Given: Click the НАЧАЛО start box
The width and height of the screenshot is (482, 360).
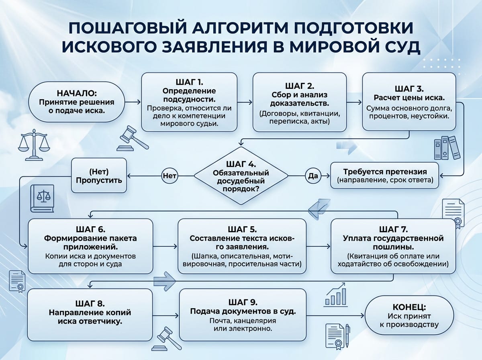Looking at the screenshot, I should pos(76,102).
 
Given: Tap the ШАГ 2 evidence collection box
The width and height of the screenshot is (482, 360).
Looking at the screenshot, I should pos(299,103).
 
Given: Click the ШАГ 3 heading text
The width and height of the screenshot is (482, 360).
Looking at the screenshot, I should pos(409,88).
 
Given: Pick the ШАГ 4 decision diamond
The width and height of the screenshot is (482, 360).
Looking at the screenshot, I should pos(241,176).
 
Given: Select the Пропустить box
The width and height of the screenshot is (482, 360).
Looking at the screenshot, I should pos(99,176).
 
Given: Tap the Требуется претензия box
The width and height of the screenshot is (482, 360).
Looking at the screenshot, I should pos(385,176).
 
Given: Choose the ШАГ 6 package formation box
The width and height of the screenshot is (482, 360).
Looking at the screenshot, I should pos(90,246).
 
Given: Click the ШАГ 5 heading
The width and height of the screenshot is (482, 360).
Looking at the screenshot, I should pos(241,229).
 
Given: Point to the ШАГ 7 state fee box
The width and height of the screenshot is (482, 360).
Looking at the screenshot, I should pos(393,246).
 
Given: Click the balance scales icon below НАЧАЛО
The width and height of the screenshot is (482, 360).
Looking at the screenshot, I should pos(35,142).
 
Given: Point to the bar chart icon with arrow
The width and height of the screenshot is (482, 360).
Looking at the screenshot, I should pos(337,294).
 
